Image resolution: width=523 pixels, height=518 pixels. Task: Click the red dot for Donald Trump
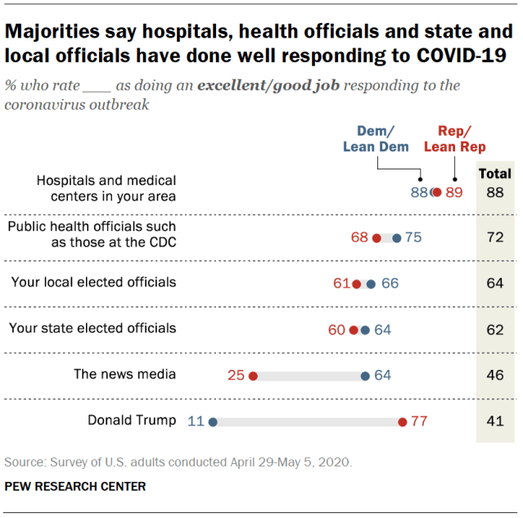(x=403, y=422)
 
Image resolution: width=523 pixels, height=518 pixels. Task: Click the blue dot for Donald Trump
(x=212, y=422)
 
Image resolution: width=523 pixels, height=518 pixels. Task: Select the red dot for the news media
(x=253, y=376)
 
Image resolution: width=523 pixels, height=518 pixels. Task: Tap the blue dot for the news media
(x=365, y=376)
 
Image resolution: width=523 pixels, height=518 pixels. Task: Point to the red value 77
(x=420, y=421)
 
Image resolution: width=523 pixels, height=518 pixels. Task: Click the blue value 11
(x=195, y=421)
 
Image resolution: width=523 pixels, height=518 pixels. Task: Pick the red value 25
(x=237, y=376)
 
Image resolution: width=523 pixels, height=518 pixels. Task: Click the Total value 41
(x=494, y=421)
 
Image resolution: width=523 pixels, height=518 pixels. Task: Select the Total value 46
(x=494, y=376)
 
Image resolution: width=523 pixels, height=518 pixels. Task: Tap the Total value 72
(x=494, y=238)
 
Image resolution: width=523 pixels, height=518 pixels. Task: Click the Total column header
(x=494, y=173)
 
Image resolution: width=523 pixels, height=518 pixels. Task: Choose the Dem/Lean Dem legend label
(x=376, y=139)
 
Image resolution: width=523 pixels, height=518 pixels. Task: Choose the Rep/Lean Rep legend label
(x=455, y=139)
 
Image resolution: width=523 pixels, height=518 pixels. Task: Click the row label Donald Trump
(x=132, y=421)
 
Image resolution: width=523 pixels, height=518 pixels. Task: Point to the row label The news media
(x=124, y=375)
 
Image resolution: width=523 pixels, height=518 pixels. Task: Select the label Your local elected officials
(x=93, y=282)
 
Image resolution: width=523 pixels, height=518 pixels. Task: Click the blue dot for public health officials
(x=397, y=238)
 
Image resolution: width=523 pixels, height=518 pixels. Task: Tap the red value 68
(x=359, y=237)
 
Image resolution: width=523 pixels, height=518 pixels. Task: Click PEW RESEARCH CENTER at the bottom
(x=75, y=486)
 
